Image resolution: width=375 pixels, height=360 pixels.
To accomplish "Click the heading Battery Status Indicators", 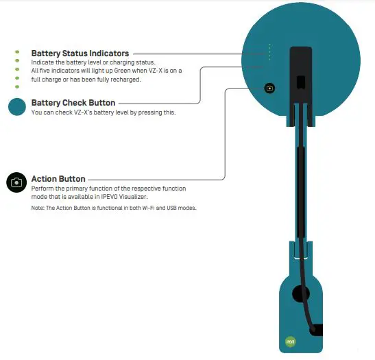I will click(80, 53).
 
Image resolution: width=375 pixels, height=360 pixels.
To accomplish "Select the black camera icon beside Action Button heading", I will click(16, 182).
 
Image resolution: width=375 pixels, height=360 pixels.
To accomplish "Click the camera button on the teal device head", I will click(270, 88).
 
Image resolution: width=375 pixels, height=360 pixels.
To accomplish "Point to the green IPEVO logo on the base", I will click(289, 341).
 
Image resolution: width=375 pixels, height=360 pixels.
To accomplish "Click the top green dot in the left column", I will click(16, 52).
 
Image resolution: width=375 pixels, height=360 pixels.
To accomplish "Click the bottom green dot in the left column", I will click(16, 87).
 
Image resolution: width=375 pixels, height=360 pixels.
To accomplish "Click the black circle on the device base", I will click(300, 293).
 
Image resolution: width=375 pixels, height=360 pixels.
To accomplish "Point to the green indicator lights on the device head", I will click(270, 52).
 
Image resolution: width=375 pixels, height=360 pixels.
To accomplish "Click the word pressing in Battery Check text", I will click(154, 112).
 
